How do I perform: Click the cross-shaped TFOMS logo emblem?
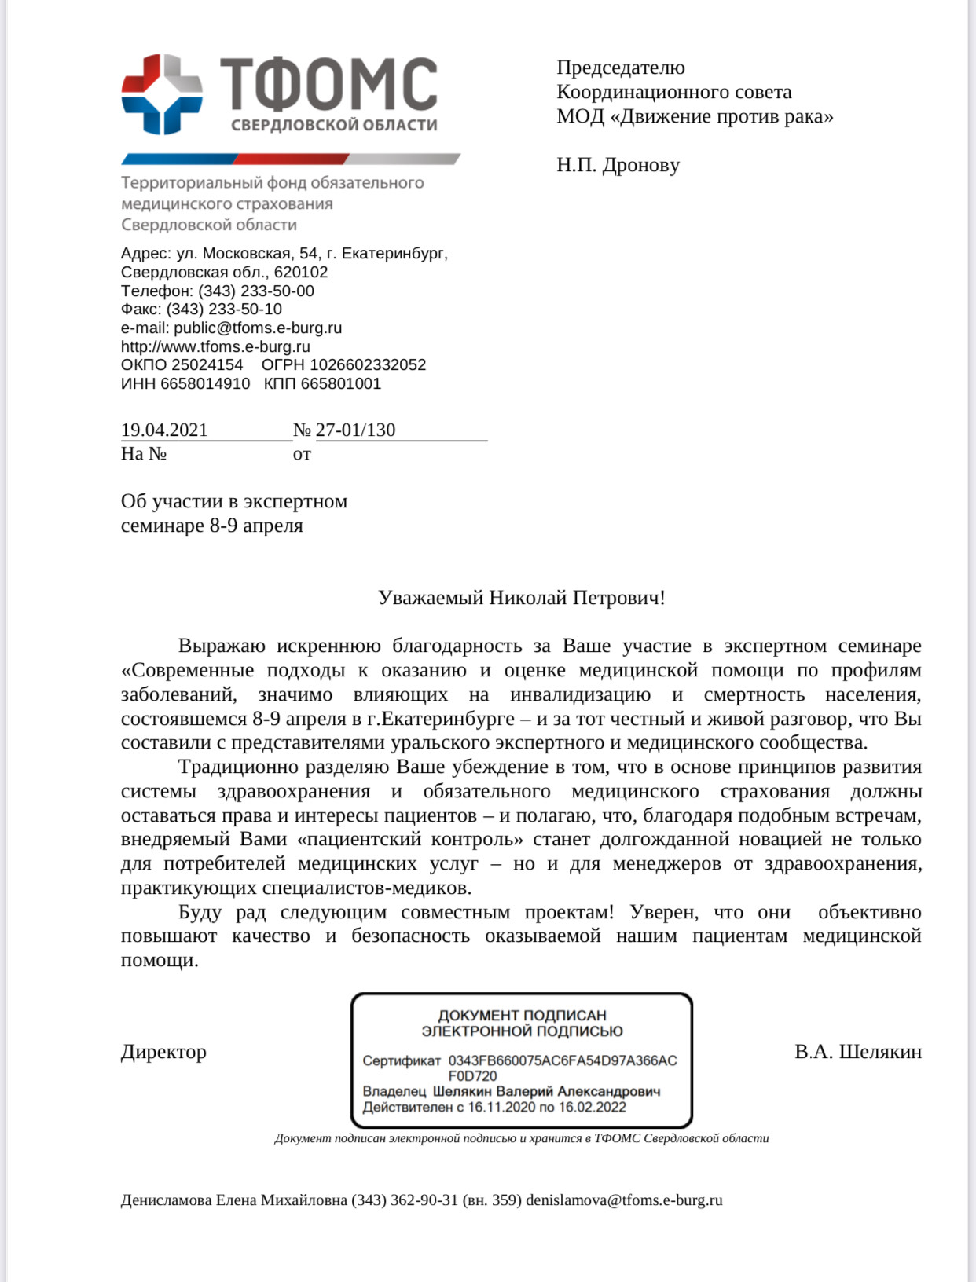pos(162,93)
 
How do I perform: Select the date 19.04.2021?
pos(164,430)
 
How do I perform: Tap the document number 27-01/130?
pos(355,430)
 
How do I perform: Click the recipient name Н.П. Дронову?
pos(618,165)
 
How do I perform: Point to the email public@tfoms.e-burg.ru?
pos(258,328)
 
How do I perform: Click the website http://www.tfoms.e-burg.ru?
pos(215,346)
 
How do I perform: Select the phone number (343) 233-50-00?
pos(256,291)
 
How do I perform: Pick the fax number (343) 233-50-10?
pos(224,309)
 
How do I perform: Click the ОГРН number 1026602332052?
pos(368,364)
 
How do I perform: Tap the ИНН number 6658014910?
pos(205,383)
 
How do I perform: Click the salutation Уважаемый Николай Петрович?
pos(521,598)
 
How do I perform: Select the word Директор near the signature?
pos(163,1052)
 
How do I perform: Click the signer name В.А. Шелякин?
pos(858,1052)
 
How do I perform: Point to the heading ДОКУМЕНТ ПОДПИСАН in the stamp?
pos(522,1015)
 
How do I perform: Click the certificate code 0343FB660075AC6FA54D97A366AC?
pos(563,1060)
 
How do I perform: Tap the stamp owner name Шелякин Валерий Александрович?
pos(546,1091)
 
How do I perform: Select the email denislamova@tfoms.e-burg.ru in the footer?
pos(624,1200)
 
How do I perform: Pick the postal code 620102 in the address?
pos(301,272)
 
